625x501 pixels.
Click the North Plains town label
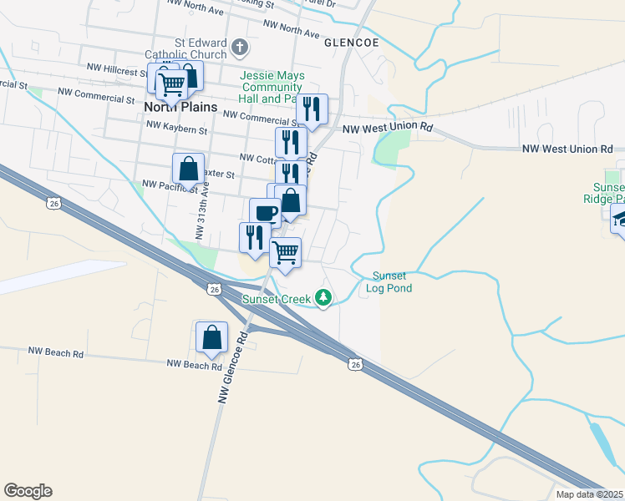pyautogui.click(x=180, y=107)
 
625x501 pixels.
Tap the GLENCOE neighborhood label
pyautogui.click(x=352, y=43)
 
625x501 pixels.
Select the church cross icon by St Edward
pyautogui.click(x=240, y=47)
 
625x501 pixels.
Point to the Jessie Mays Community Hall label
pyautogui.click(x=270, y=87)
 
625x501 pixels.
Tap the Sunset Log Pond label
pyautogui.click(x=389, y=282)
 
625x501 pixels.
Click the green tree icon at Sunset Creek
pyautogui.click(x=323, y=297)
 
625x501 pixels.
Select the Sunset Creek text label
pyautogui.click(x=276, y=298)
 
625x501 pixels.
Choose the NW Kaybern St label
pyautogui.click(x=175, y=126)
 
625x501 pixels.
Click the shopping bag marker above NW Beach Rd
pyautogui.click(x=212, y=337)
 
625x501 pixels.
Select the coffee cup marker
pyautogui.click(x=266, y=213)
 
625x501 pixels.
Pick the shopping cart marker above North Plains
pyautogui.click(x=171, y=83)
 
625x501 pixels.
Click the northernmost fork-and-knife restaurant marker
pyautogui.click(x=312, y=109)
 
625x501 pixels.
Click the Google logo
pyautogui.click(x=28, y=491)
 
